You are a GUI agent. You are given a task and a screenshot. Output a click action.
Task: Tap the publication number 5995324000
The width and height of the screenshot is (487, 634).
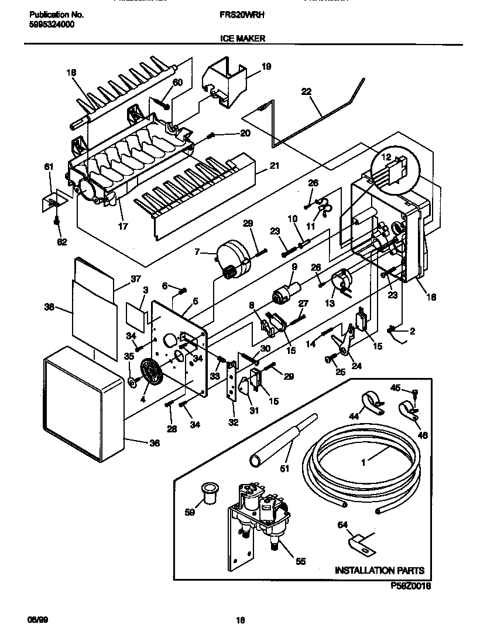52,24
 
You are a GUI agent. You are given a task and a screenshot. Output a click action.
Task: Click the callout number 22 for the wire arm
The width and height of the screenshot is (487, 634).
307,91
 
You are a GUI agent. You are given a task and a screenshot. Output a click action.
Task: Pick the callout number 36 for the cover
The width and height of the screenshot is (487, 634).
154,443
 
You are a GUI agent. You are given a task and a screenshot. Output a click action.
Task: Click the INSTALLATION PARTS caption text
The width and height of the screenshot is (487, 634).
379,570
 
